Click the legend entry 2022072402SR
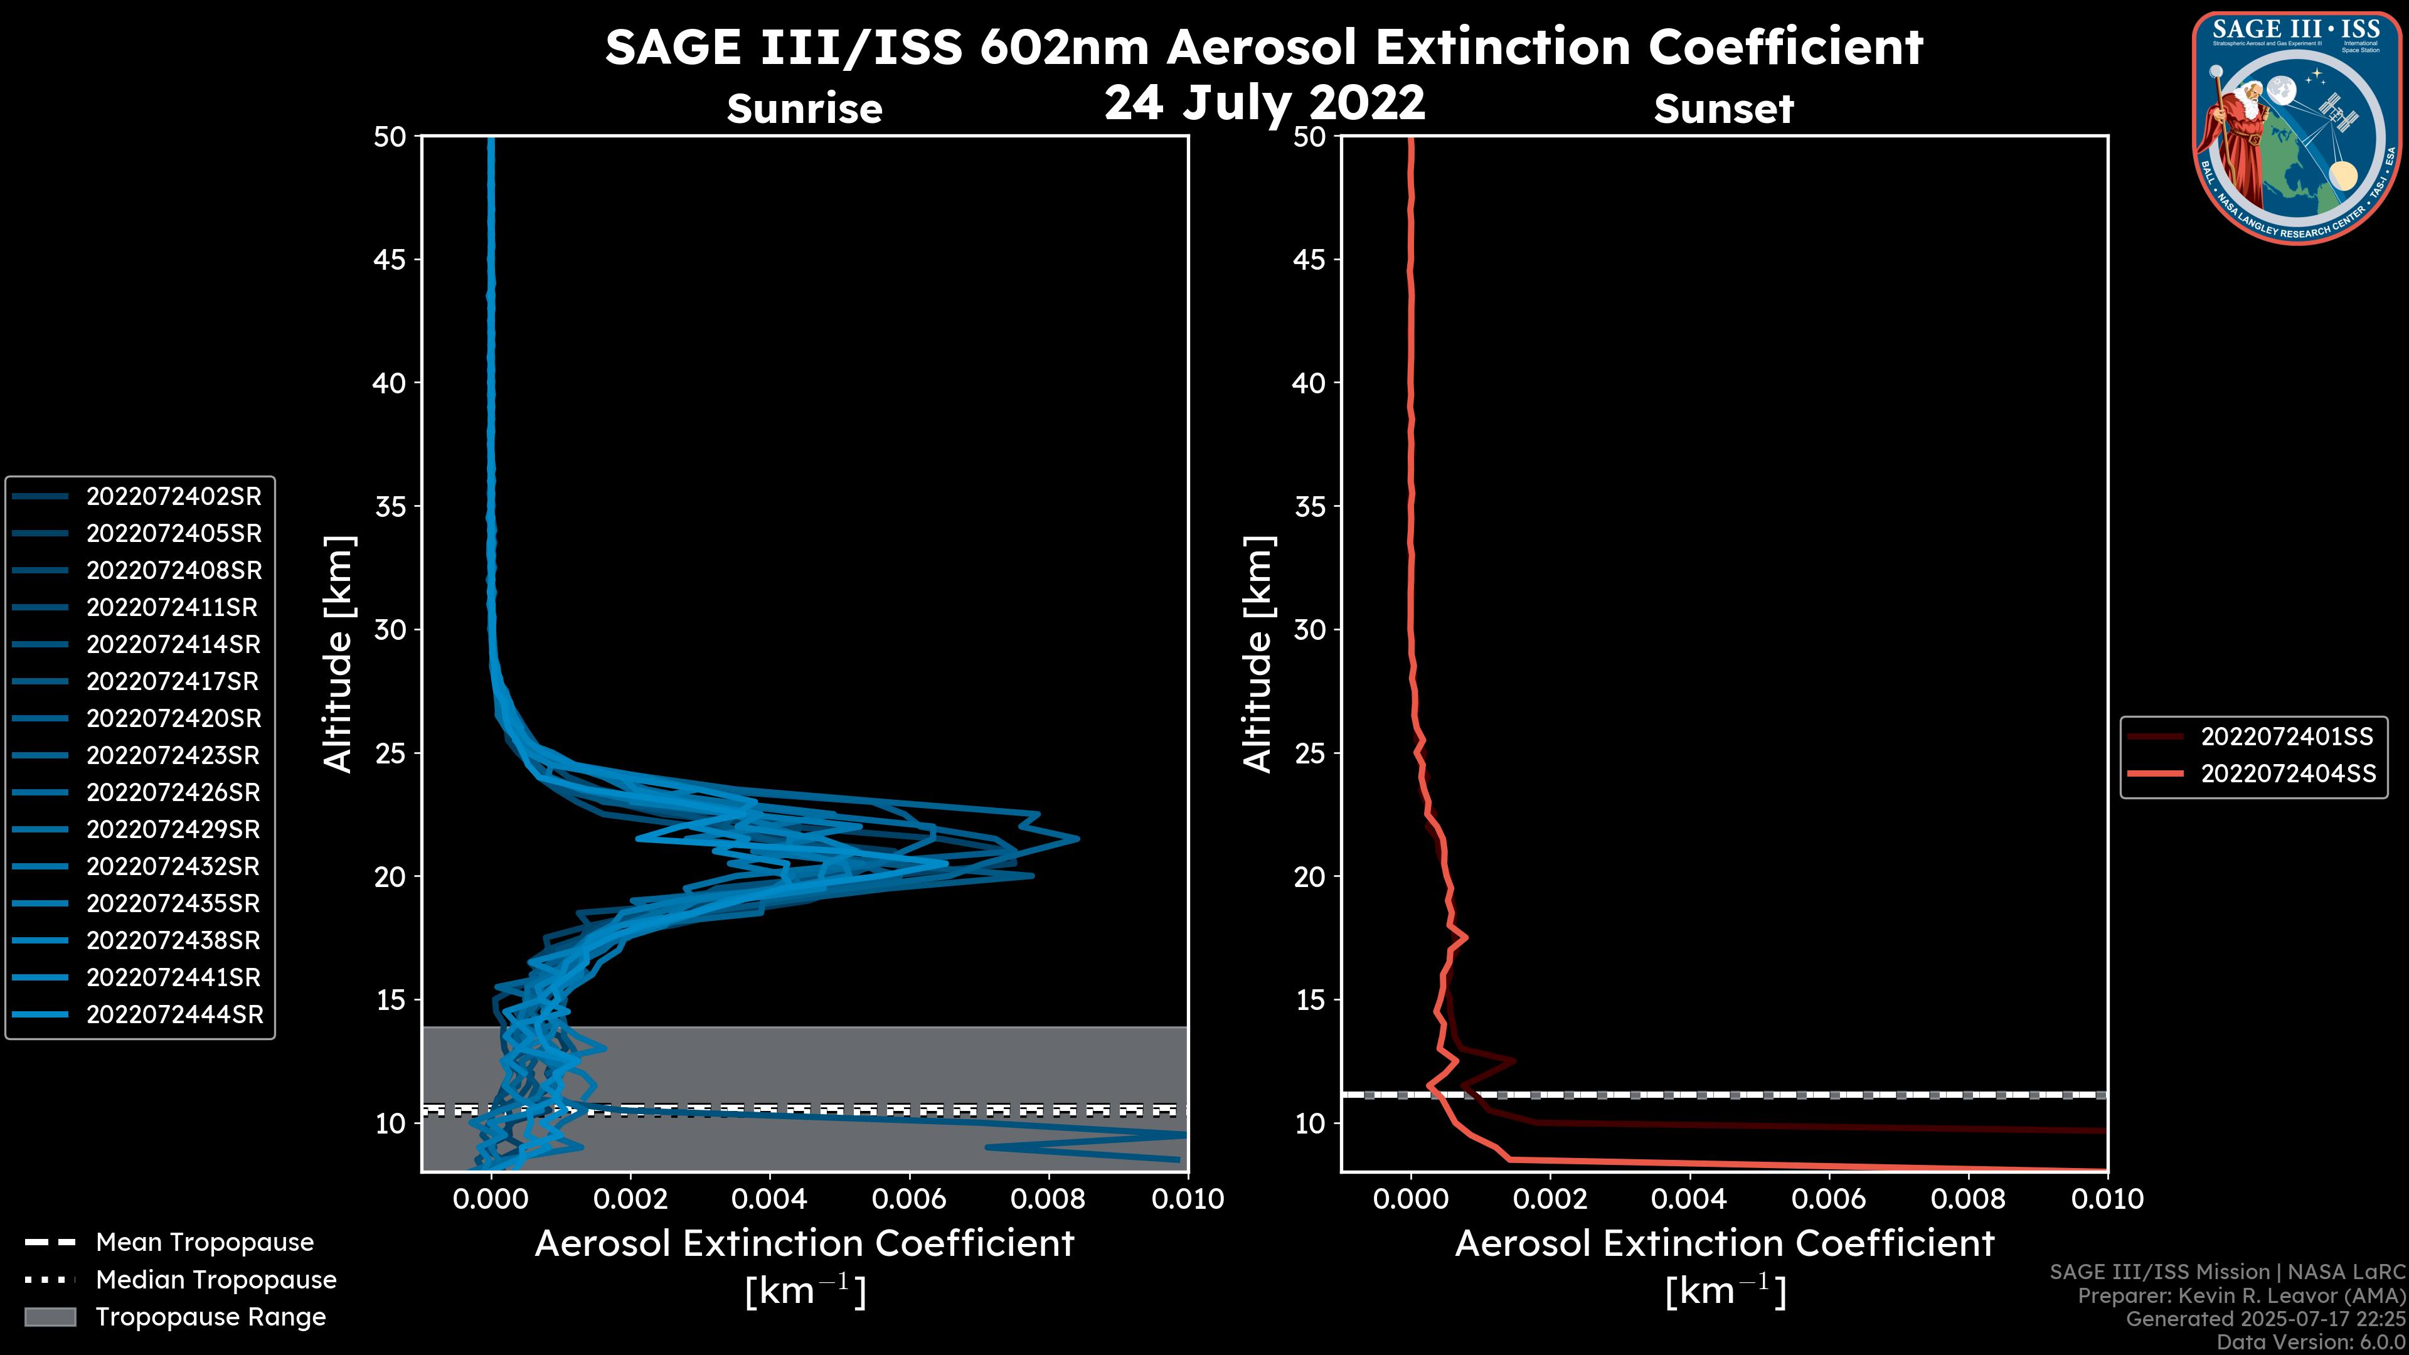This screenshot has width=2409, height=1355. [174, 497]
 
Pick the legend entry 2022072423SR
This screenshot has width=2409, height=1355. [174, 755]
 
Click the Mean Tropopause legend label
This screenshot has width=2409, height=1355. [205, 1243]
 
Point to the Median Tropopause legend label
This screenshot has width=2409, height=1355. [216, 1280]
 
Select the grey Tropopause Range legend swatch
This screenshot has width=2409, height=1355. [50, 1317]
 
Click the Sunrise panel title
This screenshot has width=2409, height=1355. [804, 109]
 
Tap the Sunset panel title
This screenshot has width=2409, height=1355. [1723, 109]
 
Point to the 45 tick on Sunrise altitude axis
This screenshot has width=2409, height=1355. [390, 260]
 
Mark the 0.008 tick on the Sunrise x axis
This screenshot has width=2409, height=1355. [1048, 1199]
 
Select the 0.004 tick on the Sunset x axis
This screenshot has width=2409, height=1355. [1688, 1199]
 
